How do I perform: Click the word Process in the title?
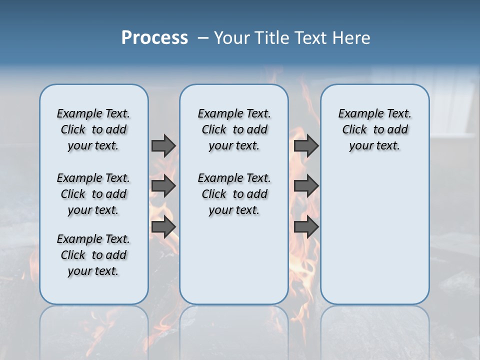(154, 38)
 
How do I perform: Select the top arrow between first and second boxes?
(163, 145)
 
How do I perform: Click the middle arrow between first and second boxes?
(163, 186)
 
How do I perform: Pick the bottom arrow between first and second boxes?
(163, 227)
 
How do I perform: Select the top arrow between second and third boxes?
(306, 145)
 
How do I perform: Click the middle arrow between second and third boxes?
(306, 186)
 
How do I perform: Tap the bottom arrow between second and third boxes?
(306, 227)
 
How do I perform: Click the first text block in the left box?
(93, 129)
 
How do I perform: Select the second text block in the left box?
(93, 194)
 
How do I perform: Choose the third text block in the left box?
(93, 255)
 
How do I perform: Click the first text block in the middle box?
(234, 129)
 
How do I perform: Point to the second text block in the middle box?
(234, 194)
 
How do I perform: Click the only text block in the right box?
(374, 129)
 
